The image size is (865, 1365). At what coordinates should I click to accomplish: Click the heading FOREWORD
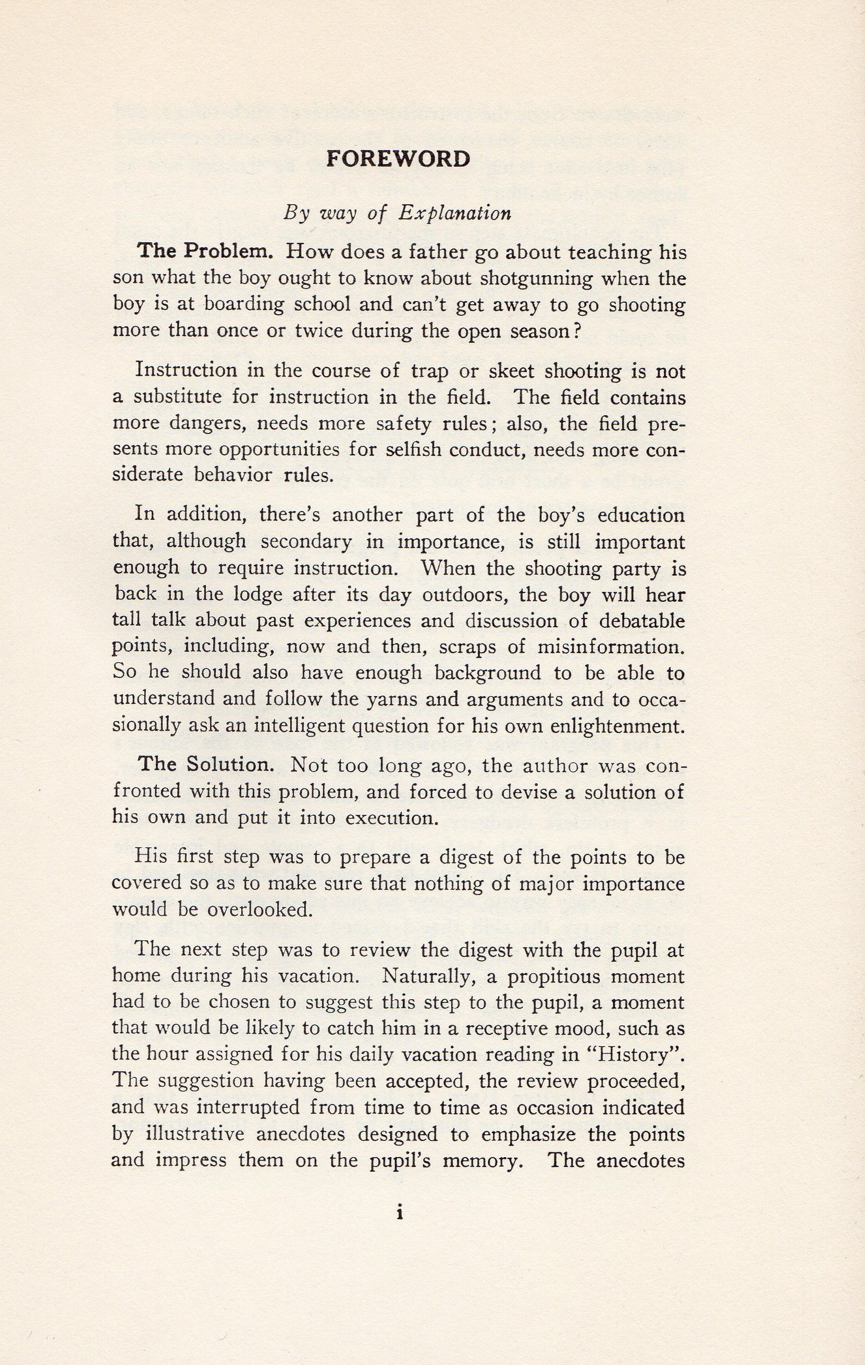pos(398,159)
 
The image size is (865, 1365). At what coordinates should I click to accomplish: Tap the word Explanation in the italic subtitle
pos(455,214)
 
